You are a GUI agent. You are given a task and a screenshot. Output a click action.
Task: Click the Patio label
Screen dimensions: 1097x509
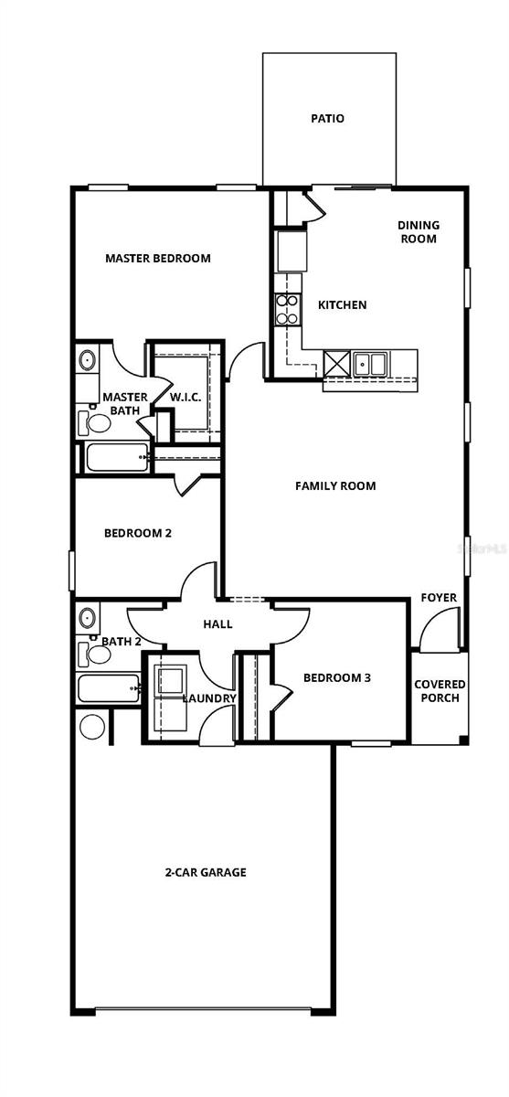(x=327, y=119)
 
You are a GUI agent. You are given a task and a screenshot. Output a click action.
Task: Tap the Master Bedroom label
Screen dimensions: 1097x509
(x=157, y=259)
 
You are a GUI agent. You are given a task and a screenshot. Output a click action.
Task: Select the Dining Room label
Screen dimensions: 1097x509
(x=418, y=231)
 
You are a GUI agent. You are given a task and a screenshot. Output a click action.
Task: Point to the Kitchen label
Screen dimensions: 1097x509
(x=342, y=305)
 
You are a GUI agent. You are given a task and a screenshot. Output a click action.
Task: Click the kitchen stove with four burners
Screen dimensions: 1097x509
(x=289, y=309)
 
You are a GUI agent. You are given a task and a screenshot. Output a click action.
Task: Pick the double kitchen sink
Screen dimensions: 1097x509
(x=371, y=364)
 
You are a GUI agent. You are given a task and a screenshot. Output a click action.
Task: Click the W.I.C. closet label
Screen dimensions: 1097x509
(x=186, y=398)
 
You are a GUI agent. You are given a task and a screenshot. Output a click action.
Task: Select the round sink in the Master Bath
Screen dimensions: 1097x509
(x=88, y=360)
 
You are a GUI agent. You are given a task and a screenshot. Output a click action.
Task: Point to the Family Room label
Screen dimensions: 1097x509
(x=335, y=486)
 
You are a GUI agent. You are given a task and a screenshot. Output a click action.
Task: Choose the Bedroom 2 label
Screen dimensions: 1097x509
(x=137, y=533)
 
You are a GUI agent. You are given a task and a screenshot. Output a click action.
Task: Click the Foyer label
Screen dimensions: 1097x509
(x=439, y=598)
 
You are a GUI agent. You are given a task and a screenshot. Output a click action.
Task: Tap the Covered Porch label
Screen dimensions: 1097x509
(x=440, y=691)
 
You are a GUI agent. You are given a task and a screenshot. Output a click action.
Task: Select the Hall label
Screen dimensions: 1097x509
(x=217, y=624)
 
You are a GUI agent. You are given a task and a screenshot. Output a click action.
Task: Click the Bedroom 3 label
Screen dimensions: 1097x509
(x=336, y=678)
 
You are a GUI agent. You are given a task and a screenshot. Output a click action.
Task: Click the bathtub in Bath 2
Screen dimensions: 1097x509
(x=109, y=688)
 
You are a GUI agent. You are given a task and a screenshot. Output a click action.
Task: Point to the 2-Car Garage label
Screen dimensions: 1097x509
(x=205, y=873)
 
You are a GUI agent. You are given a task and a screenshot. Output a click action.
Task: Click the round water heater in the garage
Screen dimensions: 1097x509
(x=92, y=727)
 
